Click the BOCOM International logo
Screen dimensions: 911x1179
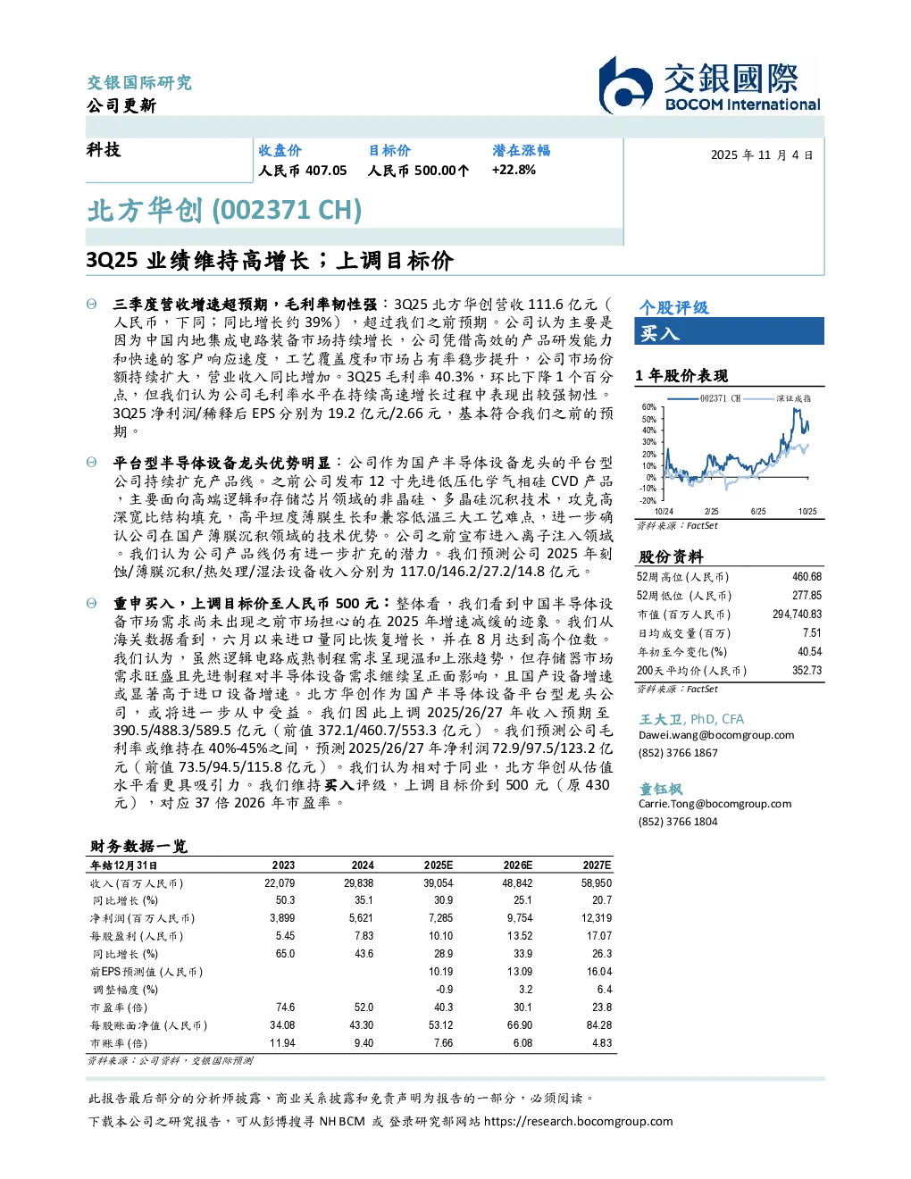710,85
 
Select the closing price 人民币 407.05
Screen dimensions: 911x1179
302,171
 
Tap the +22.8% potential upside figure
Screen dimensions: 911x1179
514,170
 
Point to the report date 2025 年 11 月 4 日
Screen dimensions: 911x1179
762,155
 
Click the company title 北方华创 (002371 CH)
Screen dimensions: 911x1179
225,211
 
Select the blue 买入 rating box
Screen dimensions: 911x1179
729,331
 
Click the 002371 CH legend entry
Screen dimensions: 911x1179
704,398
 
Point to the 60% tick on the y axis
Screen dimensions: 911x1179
649,407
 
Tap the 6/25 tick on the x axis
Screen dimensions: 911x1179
758,511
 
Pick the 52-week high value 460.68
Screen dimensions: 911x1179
807,576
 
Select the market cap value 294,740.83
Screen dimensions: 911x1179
797,614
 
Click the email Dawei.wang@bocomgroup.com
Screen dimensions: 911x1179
715,734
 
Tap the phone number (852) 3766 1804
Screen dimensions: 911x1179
678,822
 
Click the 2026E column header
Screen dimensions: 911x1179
518,865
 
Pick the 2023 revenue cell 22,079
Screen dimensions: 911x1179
280,882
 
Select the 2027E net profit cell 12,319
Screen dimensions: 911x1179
597,918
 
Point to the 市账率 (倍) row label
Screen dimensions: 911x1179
118,1043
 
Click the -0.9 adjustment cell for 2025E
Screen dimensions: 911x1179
445,990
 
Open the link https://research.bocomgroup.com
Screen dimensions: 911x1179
578,1121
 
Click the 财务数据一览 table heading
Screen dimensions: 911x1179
138,846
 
